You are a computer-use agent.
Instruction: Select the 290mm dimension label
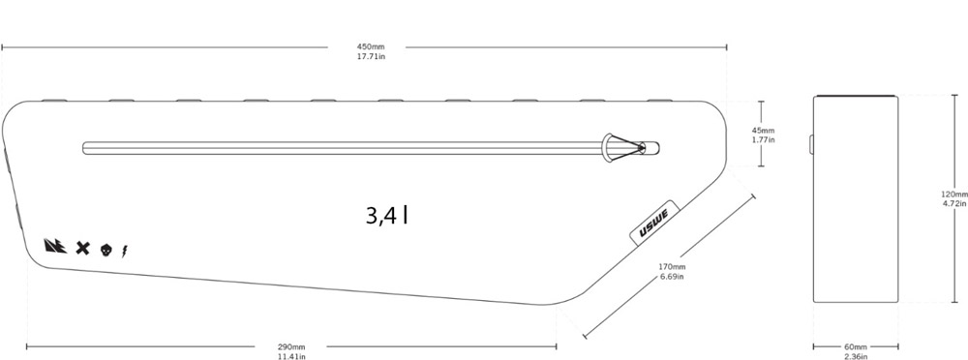tap(290, 346)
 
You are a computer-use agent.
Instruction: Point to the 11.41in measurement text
tap(290, 356)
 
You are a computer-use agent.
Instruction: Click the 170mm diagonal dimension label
tap(672, 267)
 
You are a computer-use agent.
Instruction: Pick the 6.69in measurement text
tap(672, 276)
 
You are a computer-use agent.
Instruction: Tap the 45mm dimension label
tap(763, 131)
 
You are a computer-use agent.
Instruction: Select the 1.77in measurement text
tap(763, 139)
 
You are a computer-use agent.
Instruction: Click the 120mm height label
tap(954, 194)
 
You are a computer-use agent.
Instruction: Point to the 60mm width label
tap(855, 346)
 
